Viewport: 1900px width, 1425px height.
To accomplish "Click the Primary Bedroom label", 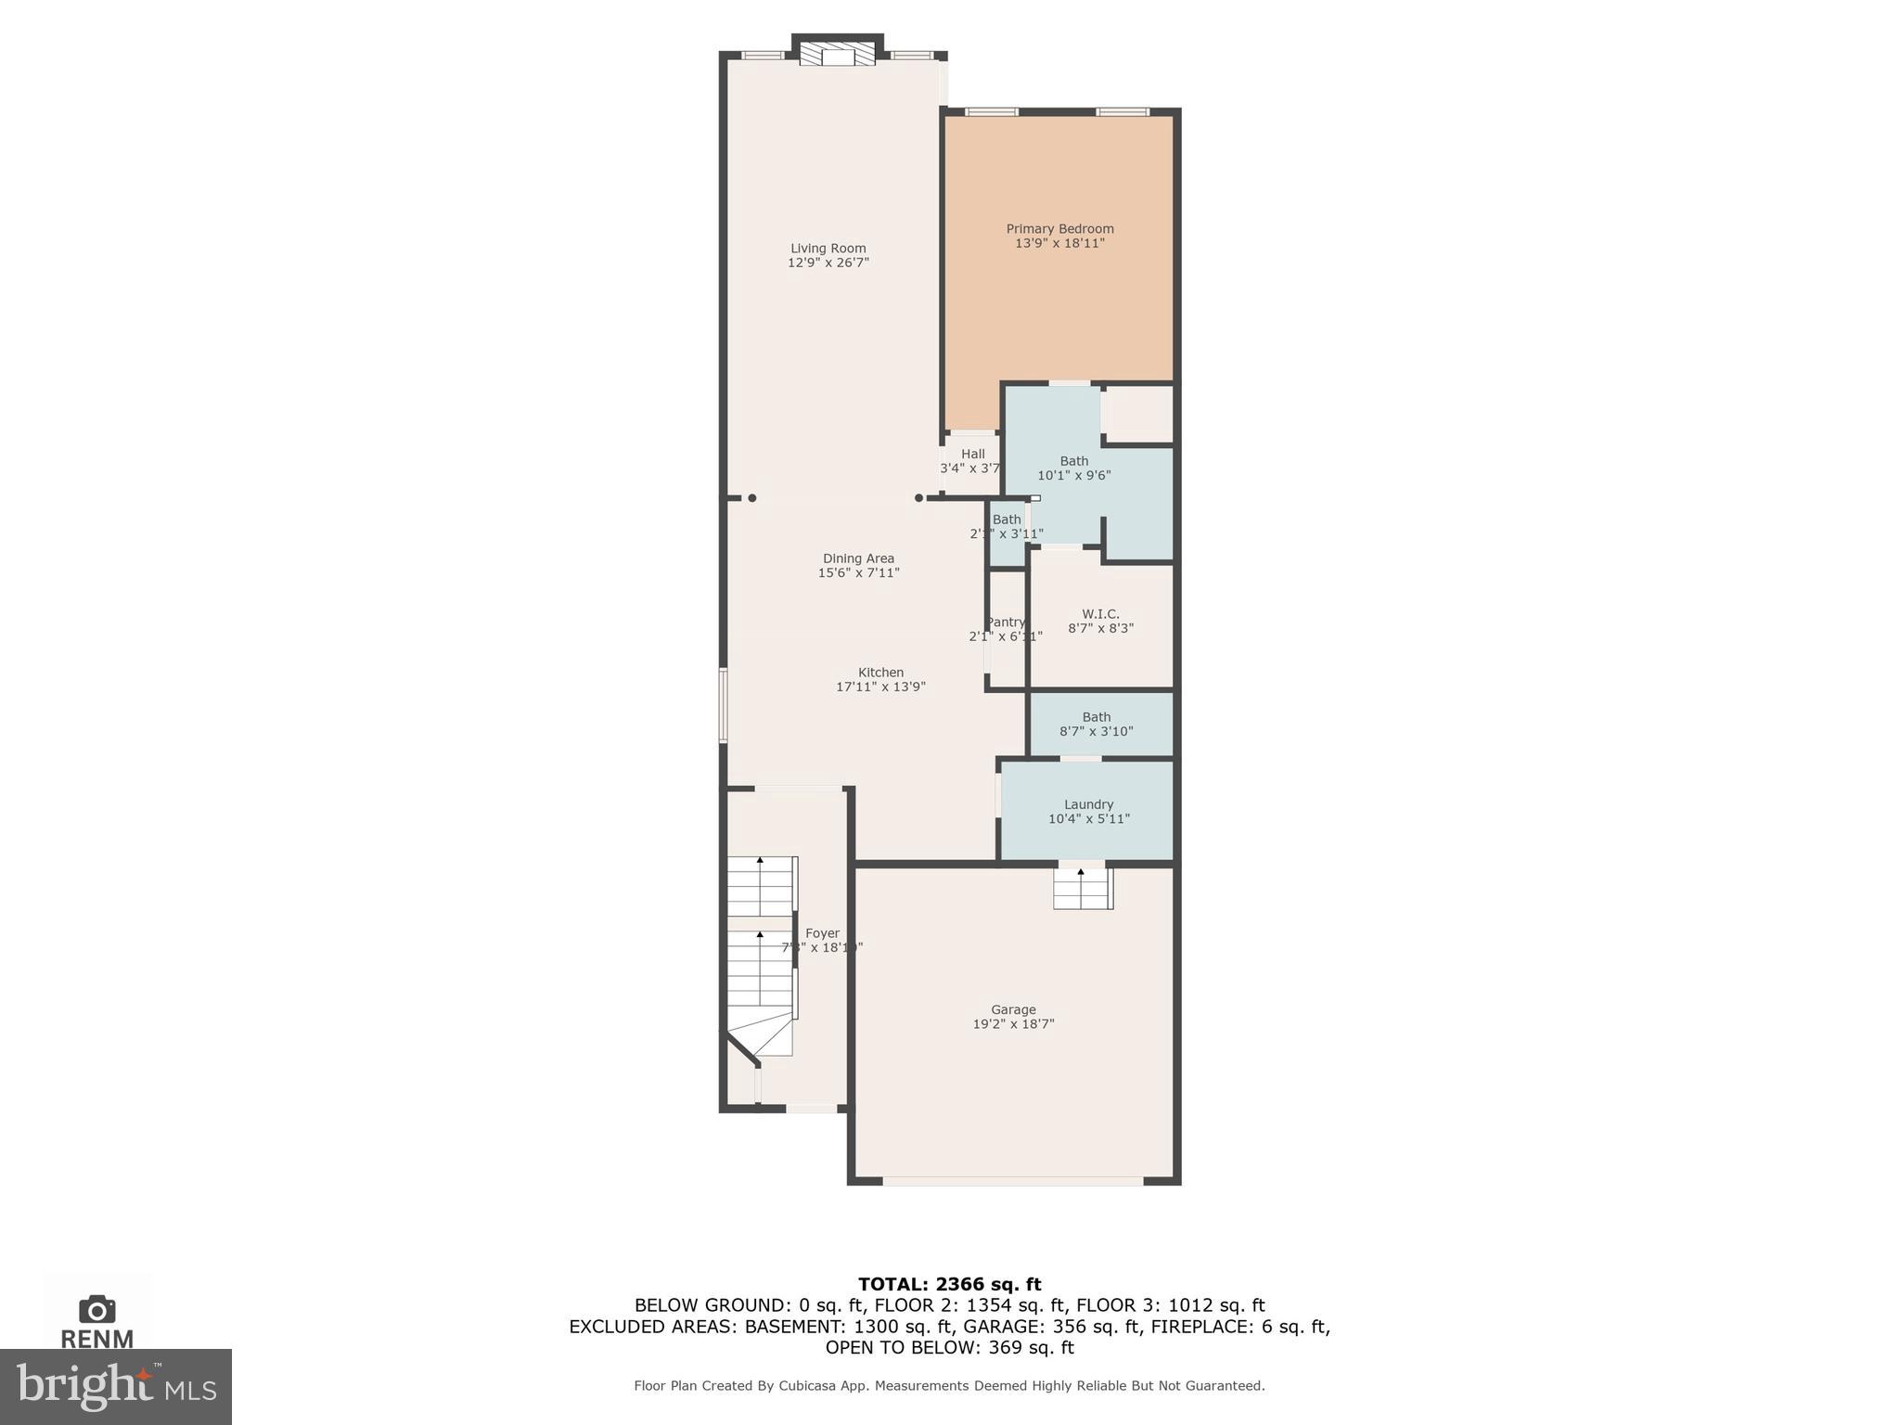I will (1059, 229).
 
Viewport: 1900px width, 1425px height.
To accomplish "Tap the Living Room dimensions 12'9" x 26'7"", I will (828, 263).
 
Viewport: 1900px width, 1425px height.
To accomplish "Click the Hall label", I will (972, 454).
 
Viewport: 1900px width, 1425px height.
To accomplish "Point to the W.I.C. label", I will (1100, 614).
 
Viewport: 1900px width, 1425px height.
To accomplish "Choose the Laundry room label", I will (1088, 804).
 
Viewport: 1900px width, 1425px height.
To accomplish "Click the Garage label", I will (1013, 1009).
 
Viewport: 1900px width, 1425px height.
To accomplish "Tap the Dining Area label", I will (858, 558).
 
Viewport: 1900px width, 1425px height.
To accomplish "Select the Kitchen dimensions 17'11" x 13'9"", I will (880, 687).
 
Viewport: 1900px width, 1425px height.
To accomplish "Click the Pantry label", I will (1006, 623).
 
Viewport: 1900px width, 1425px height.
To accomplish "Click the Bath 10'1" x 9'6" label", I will (1073, 461).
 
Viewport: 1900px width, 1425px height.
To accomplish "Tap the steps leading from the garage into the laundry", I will (1082, 890).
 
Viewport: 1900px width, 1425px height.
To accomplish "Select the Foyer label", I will (822, 933).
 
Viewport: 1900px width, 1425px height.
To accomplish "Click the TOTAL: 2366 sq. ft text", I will (949, 1284).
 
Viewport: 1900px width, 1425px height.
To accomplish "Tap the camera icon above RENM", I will (97, 1309).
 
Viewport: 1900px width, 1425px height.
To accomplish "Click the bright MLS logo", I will (116, 1386).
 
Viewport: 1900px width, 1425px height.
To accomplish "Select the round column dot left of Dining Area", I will (752, 498).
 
